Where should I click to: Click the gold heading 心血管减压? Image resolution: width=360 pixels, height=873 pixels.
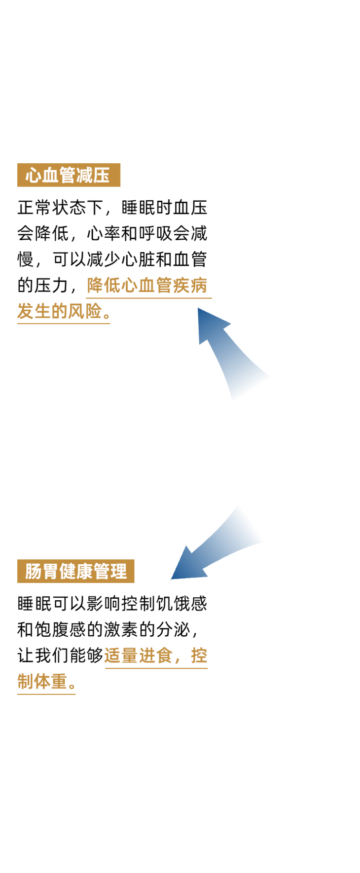68,175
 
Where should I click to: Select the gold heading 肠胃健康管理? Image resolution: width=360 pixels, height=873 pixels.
75,572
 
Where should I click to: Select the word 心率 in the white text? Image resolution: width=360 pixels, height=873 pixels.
104,233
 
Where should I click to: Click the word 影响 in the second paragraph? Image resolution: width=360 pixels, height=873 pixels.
104,604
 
